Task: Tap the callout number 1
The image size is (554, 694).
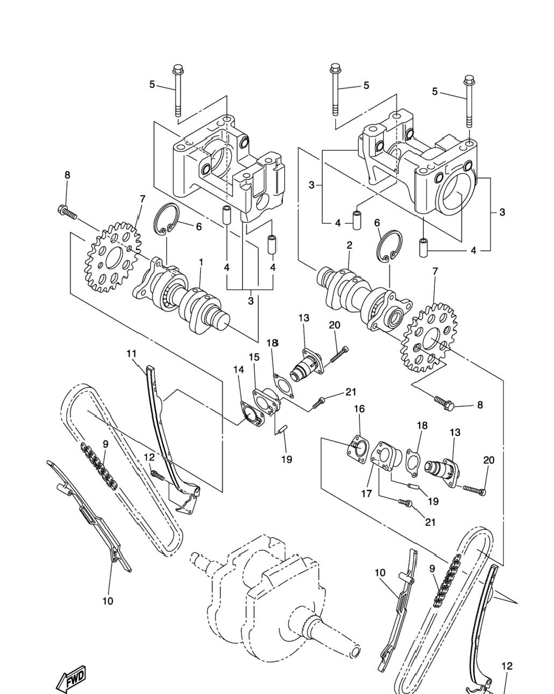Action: point(201,263)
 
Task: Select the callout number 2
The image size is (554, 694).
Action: point(350,245)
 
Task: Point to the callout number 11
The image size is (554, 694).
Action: point(131,354)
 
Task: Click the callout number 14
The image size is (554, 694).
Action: point(239,370)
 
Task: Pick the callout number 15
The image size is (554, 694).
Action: point(254,357)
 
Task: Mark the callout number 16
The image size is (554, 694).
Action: point(359,409)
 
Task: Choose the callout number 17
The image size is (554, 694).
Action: point(366,493)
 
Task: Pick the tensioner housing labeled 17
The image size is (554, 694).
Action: point(386,458)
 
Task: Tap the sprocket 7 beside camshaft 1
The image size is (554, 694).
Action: point(112,257)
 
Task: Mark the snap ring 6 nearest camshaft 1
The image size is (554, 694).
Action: point(166,219)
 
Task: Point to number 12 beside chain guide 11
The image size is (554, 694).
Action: point(149,457)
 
